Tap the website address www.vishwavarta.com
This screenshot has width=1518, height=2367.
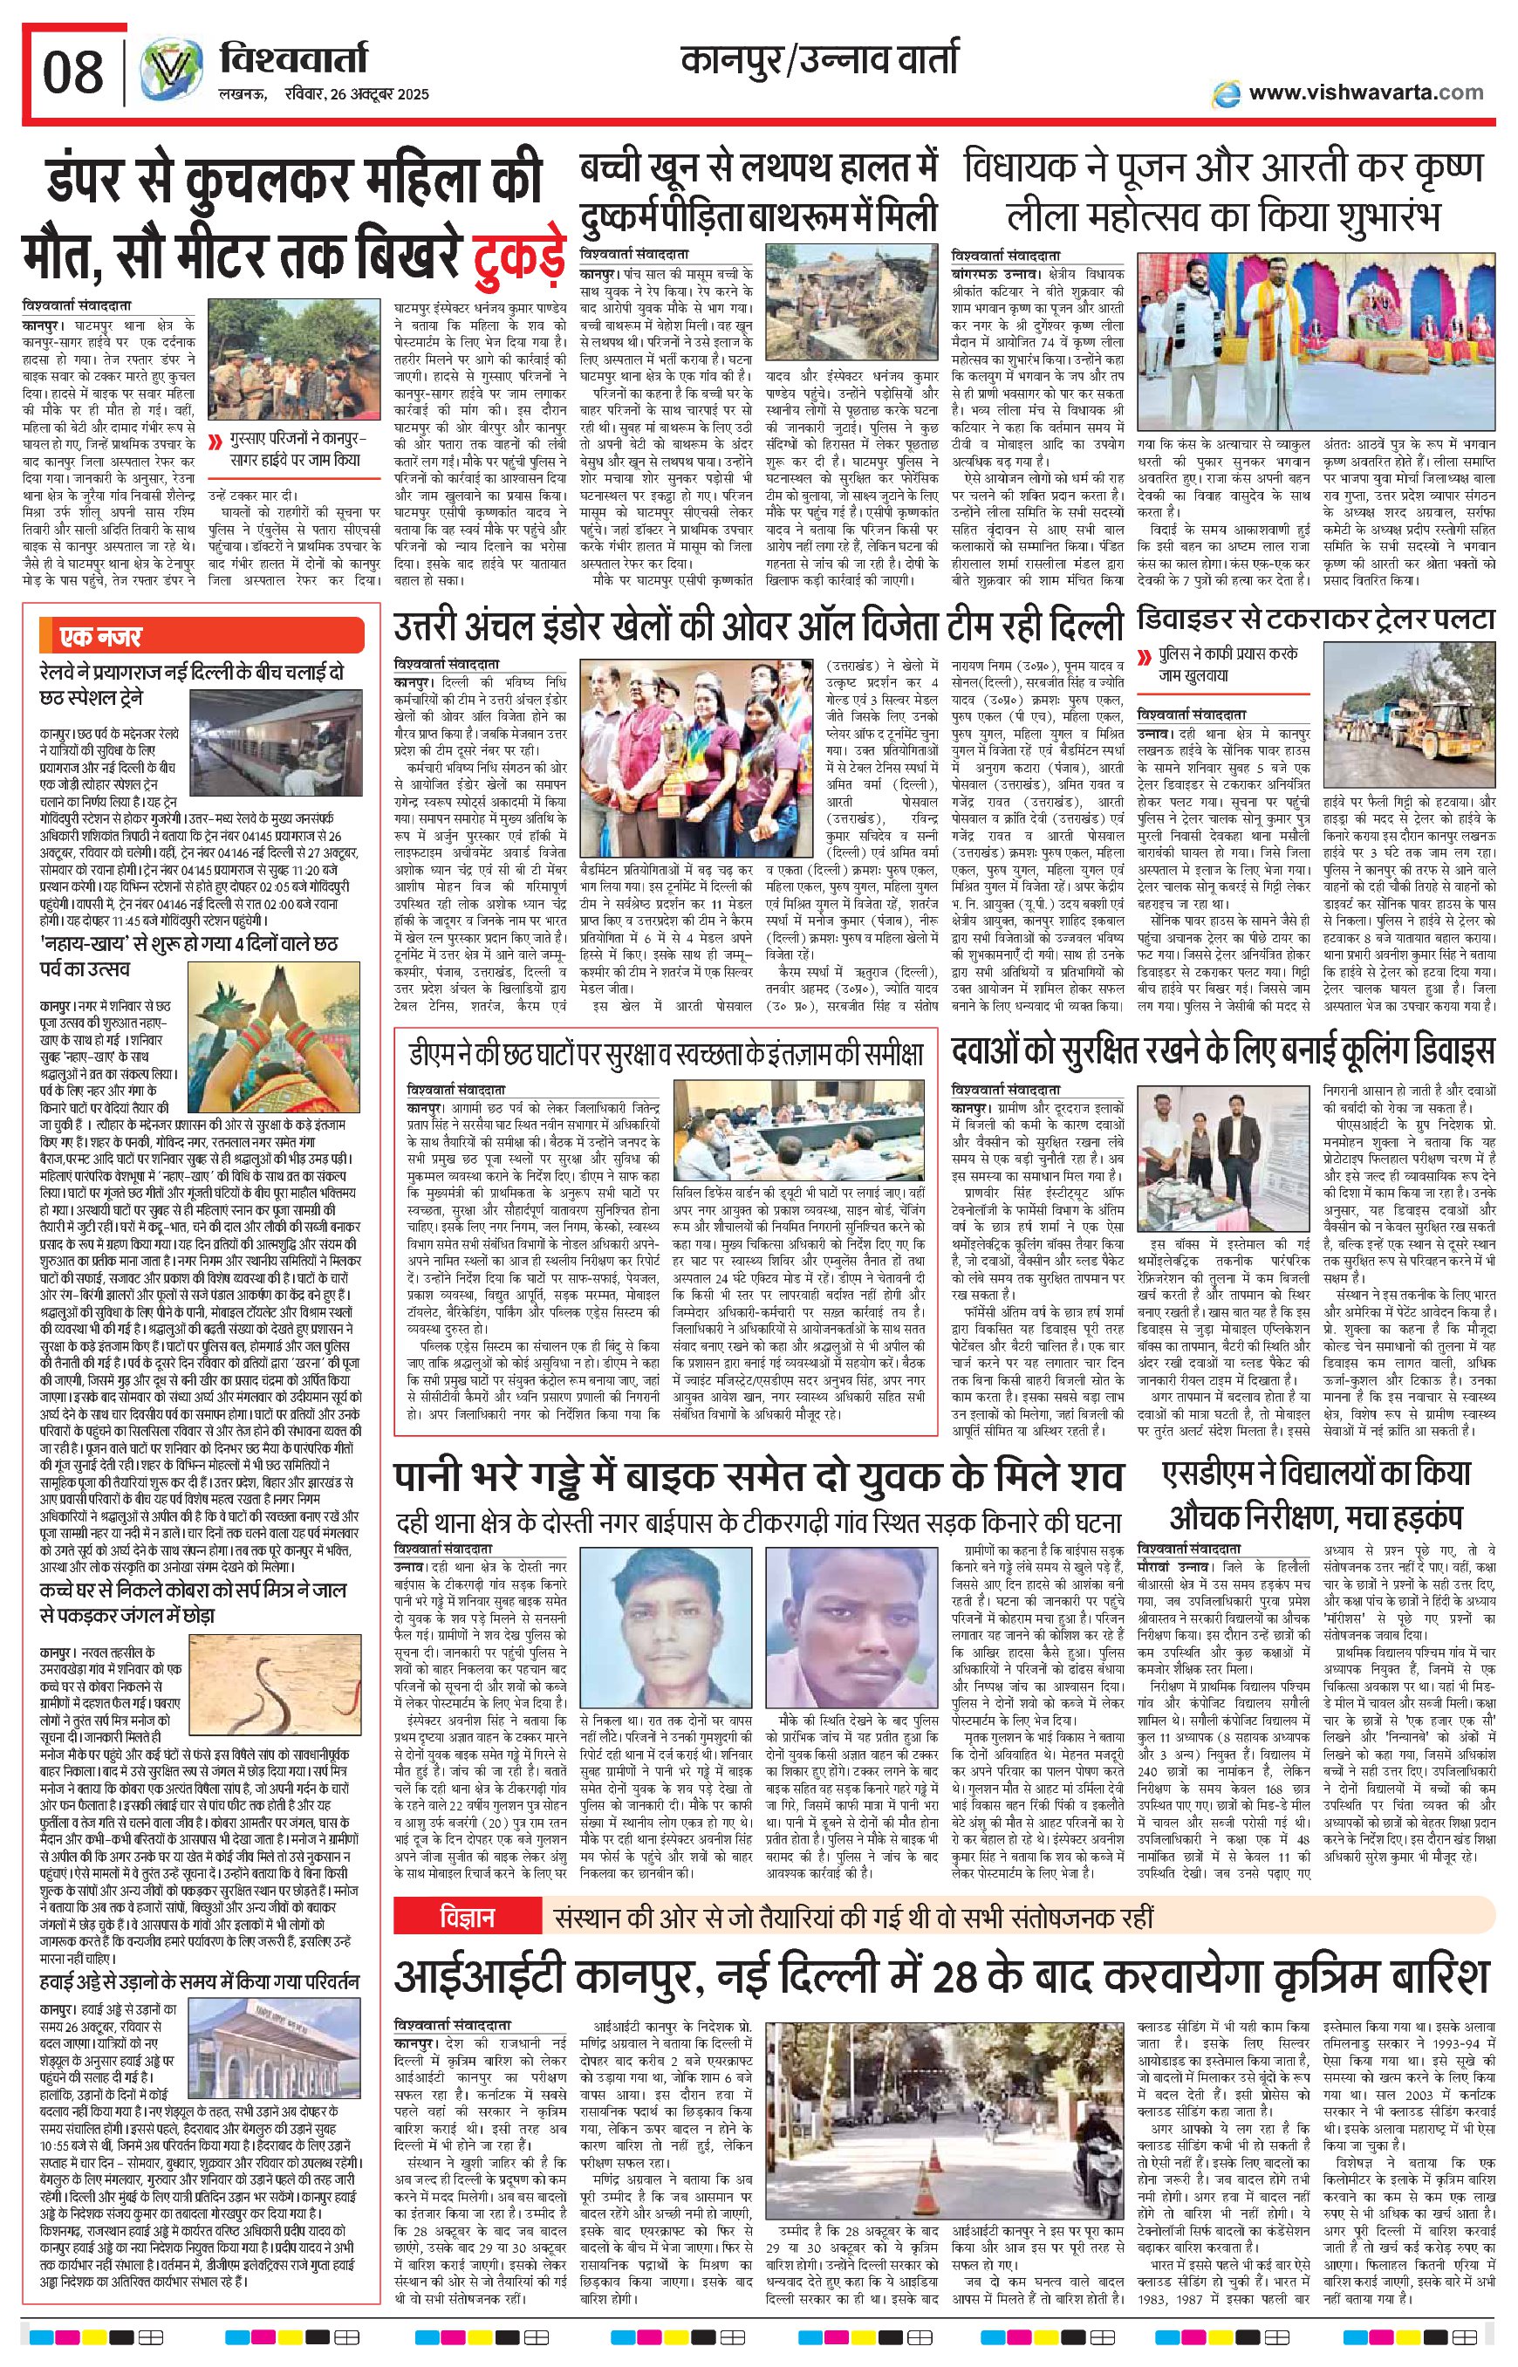[x=1365, y=92]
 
